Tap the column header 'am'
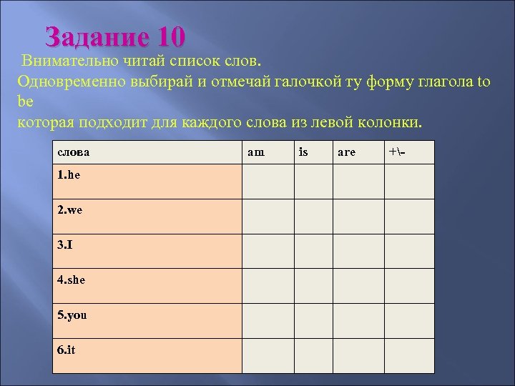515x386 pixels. (255, 152)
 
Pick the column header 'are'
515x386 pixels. (346, 152)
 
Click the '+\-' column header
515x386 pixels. (397, 152)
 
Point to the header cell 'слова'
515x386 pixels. (74, 152)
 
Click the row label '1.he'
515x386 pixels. (69, 176)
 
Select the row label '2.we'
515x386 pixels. (69, 211)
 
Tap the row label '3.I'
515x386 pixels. (65, 245)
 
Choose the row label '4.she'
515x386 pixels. (72, 280)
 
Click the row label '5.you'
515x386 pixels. (72, 315)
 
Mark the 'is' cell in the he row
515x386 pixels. (315, 182)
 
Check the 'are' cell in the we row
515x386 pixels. (360, 216)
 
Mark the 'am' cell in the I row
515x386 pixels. (268, 251)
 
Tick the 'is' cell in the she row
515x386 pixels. (315, 285)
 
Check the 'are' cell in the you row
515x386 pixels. (360, 320)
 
